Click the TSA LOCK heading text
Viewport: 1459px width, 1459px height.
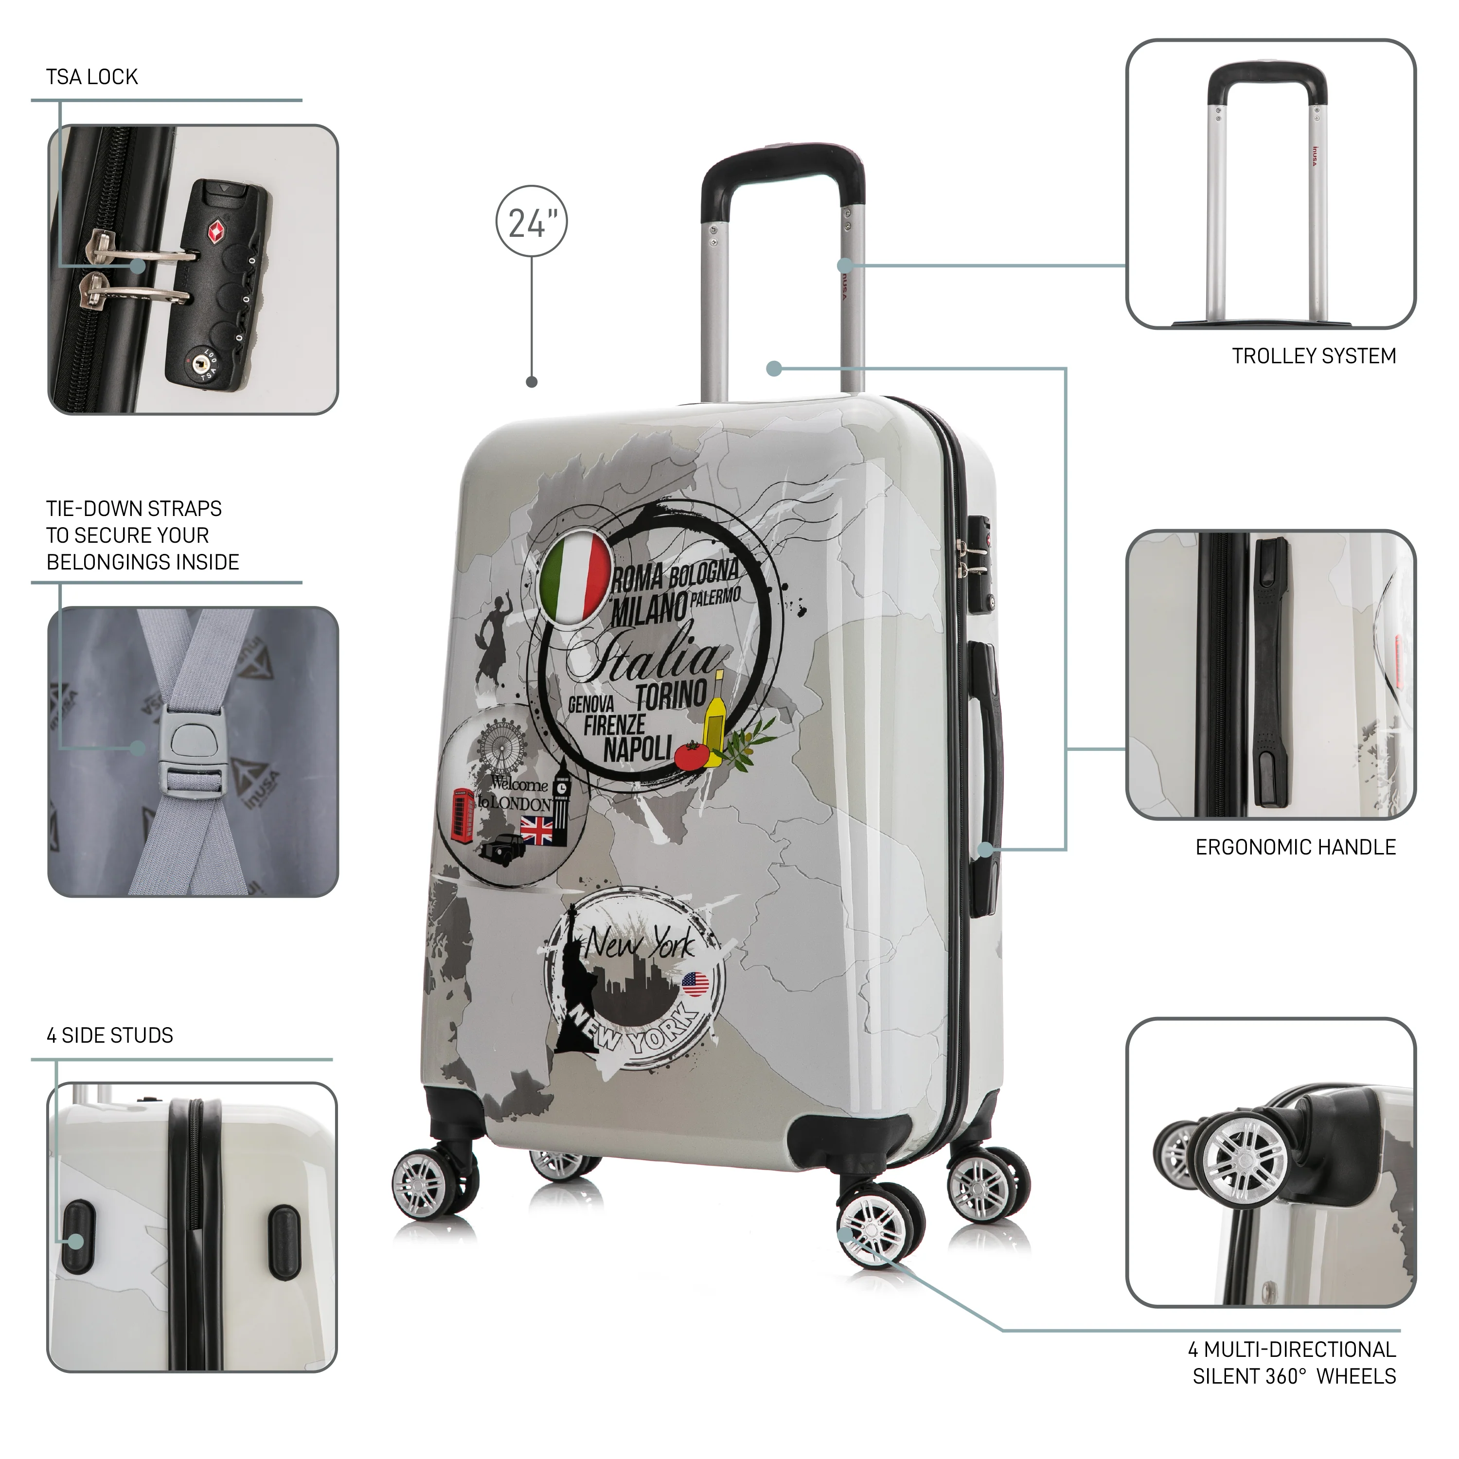pyautogui.click(x=92, y=77)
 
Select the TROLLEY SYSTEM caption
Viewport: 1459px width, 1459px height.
pyautogui.click(x=1314, y=356)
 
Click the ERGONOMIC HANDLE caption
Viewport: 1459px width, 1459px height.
pyautogui.click(x=1295, y=847)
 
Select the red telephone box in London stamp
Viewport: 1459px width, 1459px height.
pyautogui.click(x=462, y=814)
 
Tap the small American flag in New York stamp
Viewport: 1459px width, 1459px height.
pyautogui.click(x=695, y=984)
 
